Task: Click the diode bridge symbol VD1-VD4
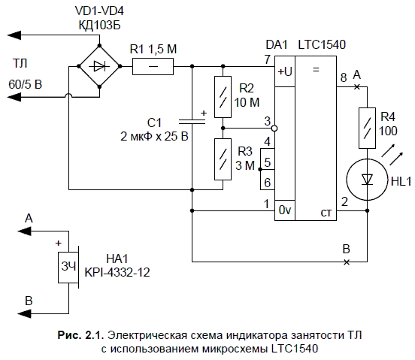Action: point(99,66)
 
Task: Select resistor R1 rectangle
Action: point(153,66)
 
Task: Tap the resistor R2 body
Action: point(223,97)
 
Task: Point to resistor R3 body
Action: point(223,159)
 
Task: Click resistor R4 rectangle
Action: point(367,128)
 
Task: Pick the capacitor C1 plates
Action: point(192,122)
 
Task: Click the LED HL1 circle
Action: point(367,180)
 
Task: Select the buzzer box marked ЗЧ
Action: point(68,268)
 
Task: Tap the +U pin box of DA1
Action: point(285,71)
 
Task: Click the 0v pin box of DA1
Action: point(285,210)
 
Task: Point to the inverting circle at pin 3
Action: point(274,129)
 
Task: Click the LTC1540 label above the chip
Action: point(322,44)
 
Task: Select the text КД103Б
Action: point(99,26)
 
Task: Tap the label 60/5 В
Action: point(25,84)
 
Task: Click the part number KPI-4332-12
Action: point(117,272)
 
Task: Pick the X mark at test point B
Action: point(347,262)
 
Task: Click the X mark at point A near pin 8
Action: point(357,86)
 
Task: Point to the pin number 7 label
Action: point(268,59)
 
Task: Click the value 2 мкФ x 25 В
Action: point(154,137)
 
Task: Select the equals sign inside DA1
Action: point(316,70)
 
